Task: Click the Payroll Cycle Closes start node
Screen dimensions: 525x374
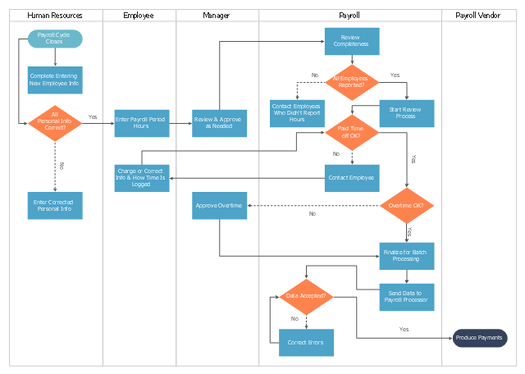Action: click(55, 39)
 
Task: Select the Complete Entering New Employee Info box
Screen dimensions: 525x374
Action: click(55, 80)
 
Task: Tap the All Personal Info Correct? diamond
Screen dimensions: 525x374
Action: click(55, 123)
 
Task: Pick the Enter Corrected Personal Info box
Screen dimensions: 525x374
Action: click(55, 206)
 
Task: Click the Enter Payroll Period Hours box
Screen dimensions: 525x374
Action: click(142, 123)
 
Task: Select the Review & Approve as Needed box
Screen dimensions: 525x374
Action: click(219, 123)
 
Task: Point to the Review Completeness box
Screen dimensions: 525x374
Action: click(352, 41)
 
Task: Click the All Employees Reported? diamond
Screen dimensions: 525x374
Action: click(352, 82)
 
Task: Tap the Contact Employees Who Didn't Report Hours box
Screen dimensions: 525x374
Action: click(297, 113)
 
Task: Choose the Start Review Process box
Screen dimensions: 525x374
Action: click(407, 113)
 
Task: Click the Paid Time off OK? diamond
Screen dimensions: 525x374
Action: click(352, 133)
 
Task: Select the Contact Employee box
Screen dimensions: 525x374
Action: click(352, 178)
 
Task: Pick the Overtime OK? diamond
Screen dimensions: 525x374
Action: click(407, 206)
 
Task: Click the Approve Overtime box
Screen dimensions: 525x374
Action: click(219, 206)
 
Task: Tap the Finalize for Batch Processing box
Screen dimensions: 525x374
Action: click(407, 256)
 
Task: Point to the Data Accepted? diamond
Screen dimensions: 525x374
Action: click(306, 297)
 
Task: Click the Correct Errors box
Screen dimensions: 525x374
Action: click(306, 343)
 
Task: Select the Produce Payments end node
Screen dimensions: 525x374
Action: click(480, 338)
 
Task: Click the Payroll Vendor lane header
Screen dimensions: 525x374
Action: click(479, 16)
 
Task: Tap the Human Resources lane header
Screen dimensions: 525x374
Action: click(56, 16)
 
